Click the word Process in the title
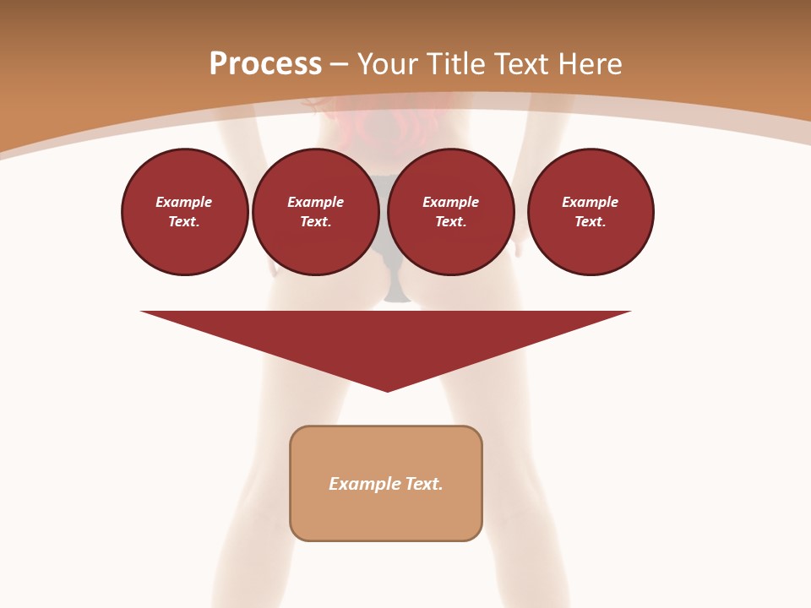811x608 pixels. click(265, 64)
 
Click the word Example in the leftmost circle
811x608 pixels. click(184, 203)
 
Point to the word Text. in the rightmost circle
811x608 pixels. click(590, 222)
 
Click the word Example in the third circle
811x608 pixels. click(450, 203)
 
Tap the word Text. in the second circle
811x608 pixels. click(315, 222)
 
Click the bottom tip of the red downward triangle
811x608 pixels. click(387, 389)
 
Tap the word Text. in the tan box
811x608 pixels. click(425, 484)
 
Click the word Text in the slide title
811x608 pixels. click(521, 64)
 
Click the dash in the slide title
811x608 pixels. click(339, 65)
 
